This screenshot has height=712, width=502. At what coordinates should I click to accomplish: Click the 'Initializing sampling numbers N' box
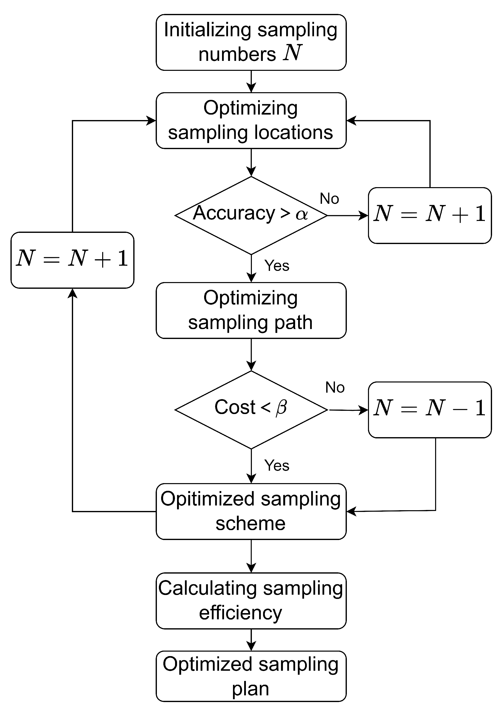click(251, 42)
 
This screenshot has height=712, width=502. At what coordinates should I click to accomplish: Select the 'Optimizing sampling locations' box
click(251, 120)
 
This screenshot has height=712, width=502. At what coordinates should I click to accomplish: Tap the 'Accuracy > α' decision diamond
click(251, 215)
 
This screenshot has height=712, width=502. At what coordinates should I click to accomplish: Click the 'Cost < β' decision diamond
click(251, 410)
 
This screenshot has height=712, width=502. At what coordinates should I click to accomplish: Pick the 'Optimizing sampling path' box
click(251, 310)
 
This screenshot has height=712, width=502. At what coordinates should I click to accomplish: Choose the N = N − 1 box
click(429, 409)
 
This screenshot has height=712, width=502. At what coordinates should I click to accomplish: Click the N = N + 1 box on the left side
click(72, 260)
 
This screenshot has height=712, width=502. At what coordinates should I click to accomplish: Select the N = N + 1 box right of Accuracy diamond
click(429, 215)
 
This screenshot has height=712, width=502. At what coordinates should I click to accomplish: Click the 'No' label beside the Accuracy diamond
click(329, 199)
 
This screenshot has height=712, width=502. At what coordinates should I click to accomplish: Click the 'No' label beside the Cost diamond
click(335, 387)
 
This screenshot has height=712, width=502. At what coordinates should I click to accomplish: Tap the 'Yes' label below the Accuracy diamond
click(276, 266)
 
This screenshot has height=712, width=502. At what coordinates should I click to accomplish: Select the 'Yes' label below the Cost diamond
click(276, 465)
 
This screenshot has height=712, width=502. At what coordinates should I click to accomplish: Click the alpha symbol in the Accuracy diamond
click(302, 214)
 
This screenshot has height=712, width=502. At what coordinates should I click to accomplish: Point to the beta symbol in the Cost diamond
click(281, 408)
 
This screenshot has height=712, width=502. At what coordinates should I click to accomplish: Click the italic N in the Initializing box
click(292, 53)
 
